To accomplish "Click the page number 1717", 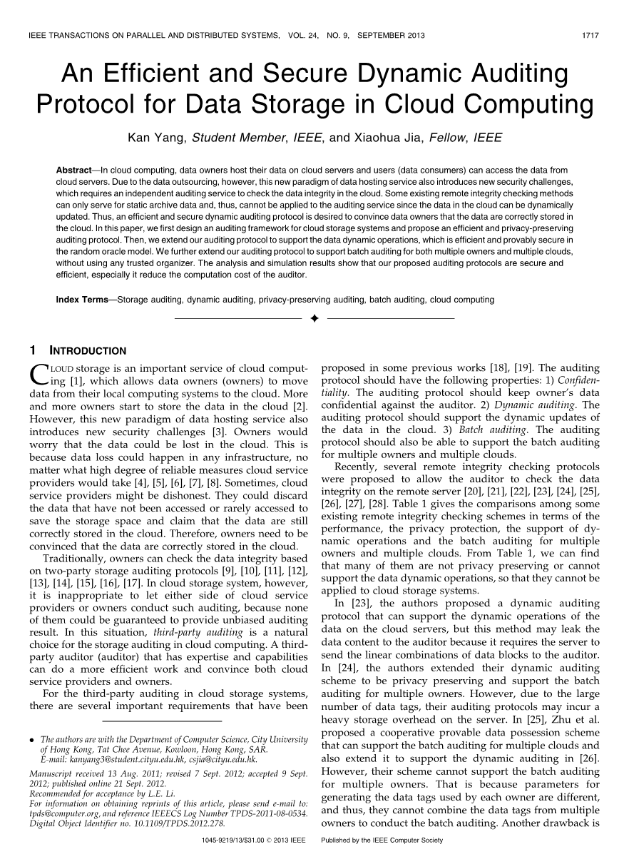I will tap(590, 34).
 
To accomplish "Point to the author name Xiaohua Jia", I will tap(386, 138).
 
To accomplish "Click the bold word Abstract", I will tap(73, 171).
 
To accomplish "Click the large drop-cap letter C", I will tap(39, 373).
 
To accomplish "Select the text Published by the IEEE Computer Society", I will tap(382, 840).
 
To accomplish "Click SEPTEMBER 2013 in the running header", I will tap(397, 34).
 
